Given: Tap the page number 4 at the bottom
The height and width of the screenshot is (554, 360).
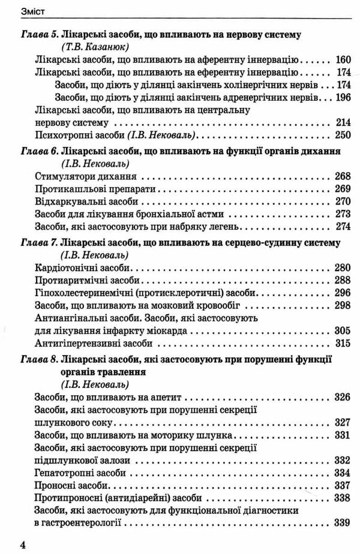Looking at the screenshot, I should tap(23, 545).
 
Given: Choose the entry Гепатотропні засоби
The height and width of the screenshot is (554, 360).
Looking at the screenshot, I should tap(83, 474).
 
